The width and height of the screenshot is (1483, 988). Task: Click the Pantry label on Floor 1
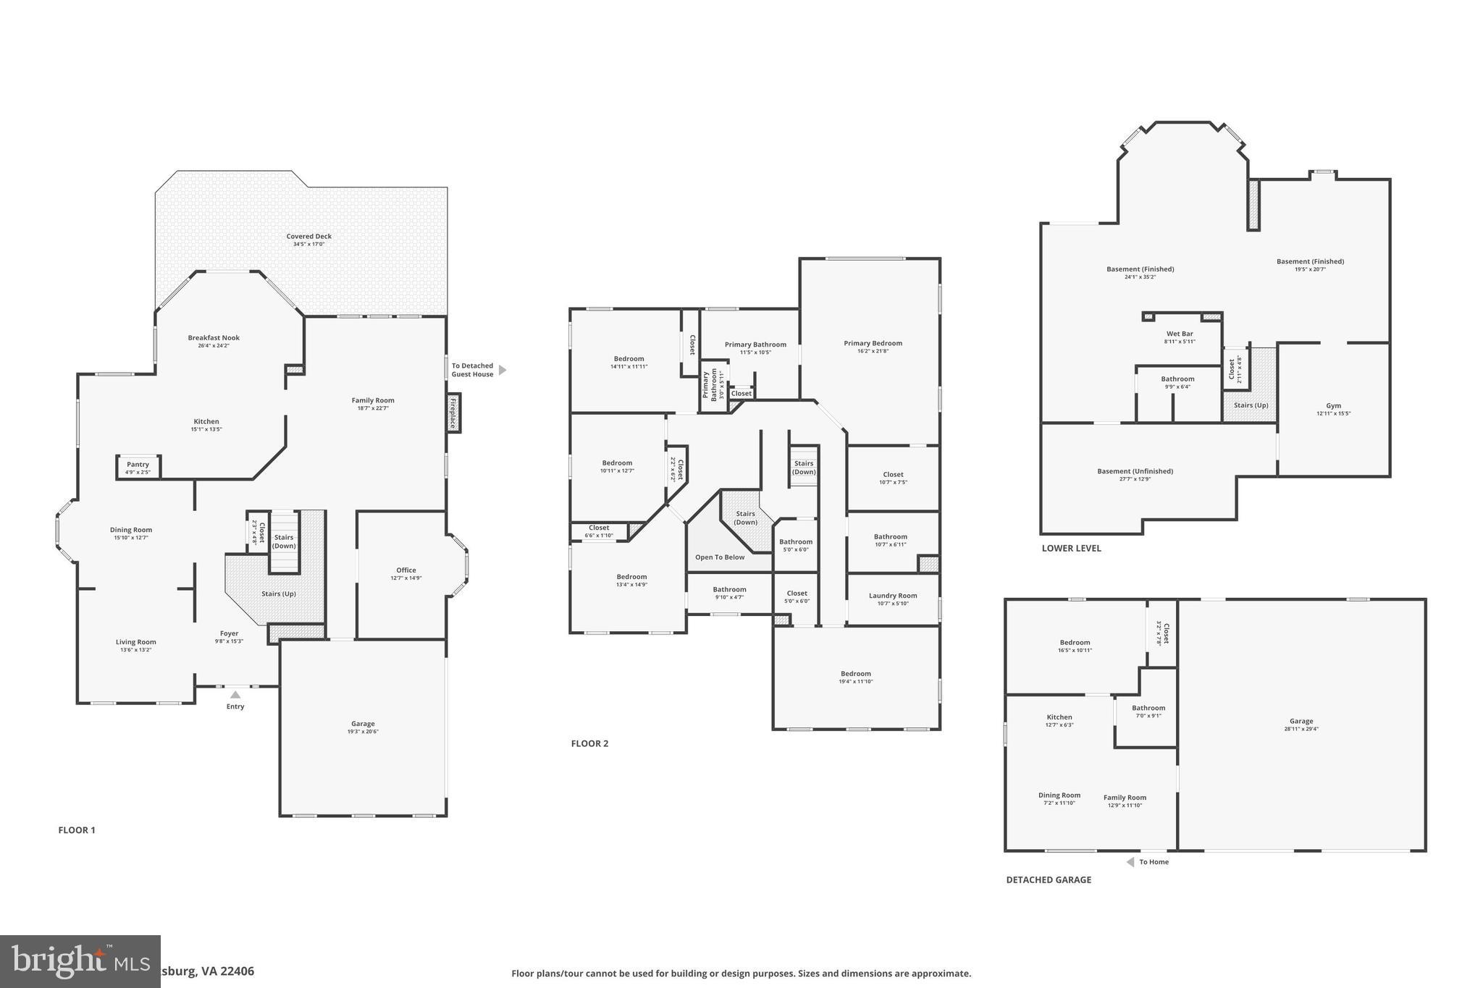138,465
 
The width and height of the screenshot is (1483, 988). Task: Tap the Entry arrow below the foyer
235,695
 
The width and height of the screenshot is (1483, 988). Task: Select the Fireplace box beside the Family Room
453,413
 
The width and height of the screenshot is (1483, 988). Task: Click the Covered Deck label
308,236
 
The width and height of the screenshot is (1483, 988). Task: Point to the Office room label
406,570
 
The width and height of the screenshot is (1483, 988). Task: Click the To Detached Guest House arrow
503,370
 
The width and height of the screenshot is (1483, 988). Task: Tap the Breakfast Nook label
214,337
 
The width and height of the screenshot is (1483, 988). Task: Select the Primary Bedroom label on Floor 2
873,343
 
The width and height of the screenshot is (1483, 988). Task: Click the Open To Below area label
719,557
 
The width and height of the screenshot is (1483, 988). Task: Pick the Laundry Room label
892,596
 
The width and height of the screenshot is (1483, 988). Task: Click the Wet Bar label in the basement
1179,334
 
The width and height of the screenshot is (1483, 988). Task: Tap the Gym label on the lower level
1333,405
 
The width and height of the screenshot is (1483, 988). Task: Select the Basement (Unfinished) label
1135,471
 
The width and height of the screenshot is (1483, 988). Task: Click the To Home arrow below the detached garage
1130,862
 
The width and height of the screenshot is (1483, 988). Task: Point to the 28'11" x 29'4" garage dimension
1301,729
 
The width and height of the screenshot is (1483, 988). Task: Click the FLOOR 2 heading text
589,743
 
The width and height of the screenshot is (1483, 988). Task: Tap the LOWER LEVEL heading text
1071,548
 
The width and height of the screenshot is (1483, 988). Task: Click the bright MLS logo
80,961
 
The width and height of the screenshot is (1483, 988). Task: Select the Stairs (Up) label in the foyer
278,594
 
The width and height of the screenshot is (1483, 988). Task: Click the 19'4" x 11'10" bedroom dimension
855,681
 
